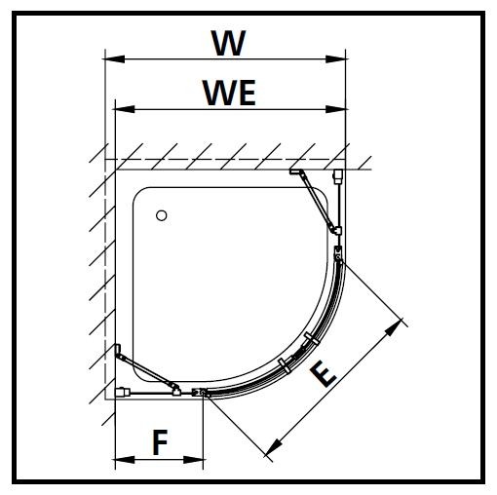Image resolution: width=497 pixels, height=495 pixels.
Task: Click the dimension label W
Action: pyautogui.click(x=228, y=43)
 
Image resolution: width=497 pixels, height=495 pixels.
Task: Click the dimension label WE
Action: pyautogui.click(x=230, y=93)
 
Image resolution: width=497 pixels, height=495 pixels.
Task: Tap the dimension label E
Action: pyautogui.click(x=323, y=375)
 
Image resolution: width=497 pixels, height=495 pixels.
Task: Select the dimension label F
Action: pyautogui.click(x=160, y=442)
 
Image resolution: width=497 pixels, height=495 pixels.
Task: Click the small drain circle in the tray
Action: pyautogui.click(x=162, y=215)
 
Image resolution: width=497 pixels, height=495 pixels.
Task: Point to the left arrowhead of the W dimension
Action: pyautogui.click(x=114, y=59)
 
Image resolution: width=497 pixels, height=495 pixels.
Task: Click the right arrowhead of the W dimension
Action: pyautogui.click(x=336, y=59)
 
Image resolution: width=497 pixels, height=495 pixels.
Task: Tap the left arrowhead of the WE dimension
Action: pyautogui.click(x=125, y=109)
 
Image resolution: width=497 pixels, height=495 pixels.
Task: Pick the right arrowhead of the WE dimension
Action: pyautogui.click(x=336, y=109)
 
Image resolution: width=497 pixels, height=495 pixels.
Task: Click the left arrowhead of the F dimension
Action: pyautogui.click(x=124, y=460)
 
